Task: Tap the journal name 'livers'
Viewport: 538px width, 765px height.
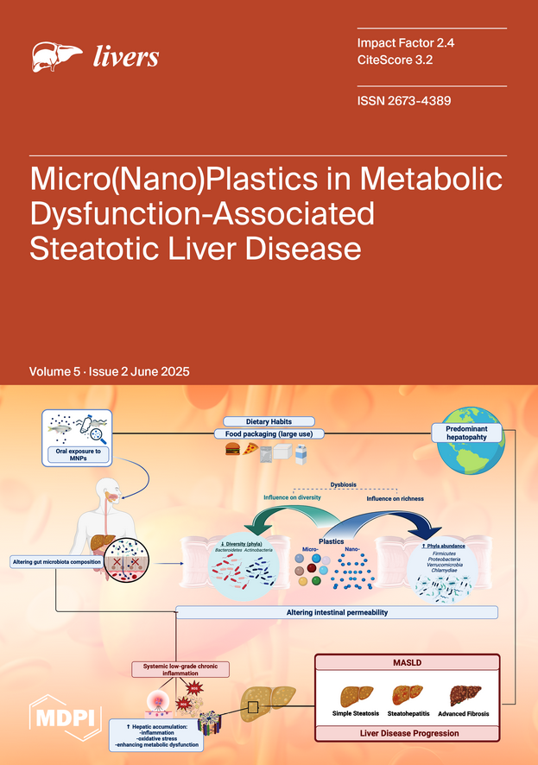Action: coord(125,58)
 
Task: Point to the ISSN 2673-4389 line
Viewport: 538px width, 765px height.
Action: coord(403,101)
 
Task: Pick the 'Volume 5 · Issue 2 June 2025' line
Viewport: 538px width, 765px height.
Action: coord(110,372)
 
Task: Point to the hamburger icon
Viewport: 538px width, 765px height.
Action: coord(232,449)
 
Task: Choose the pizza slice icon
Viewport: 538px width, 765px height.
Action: coord(250,449)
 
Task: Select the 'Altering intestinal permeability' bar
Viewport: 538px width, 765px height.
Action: coord(336,612)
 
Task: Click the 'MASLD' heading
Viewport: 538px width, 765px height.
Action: coord(406,662)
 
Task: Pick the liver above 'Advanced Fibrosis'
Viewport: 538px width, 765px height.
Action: coord(465,694)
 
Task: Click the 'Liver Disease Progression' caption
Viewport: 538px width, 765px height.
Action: coord(406,732)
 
